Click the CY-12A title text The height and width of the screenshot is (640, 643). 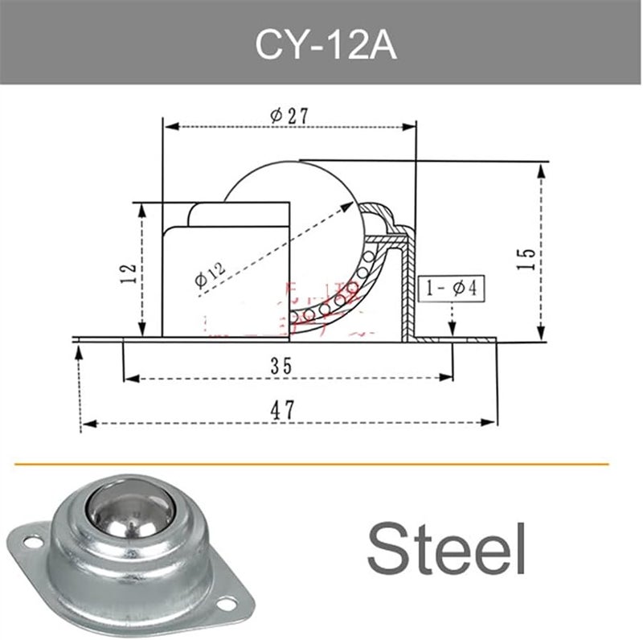tap(321, 45)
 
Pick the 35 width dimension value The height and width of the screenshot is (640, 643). tap(281, 366)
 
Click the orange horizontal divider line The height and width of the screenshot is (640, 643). tap(321, 464)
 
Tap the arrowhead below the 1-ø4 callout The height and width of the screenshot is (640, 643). tap(453, 328)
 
